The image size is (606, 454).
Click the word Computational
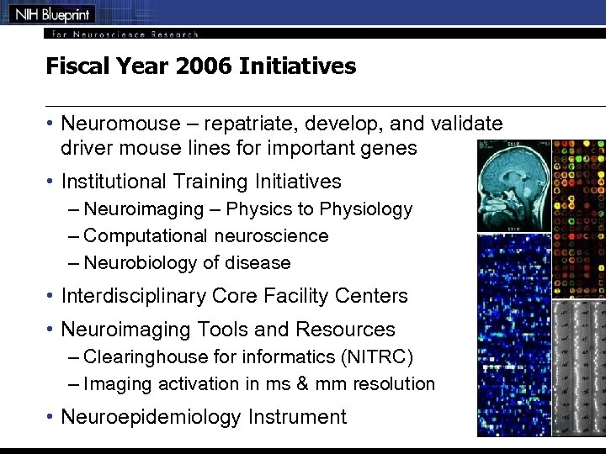[x=146, y=236]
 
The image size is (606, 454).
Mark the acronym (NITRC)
[x=377, y=357]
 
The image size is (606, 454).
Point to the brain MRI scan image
[x=513, y=186]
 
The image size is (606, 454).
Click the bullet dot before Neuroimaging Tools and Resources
[x=50, y=330]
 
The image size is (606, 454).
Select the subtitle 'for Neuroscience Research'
[x=125, y=34]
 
